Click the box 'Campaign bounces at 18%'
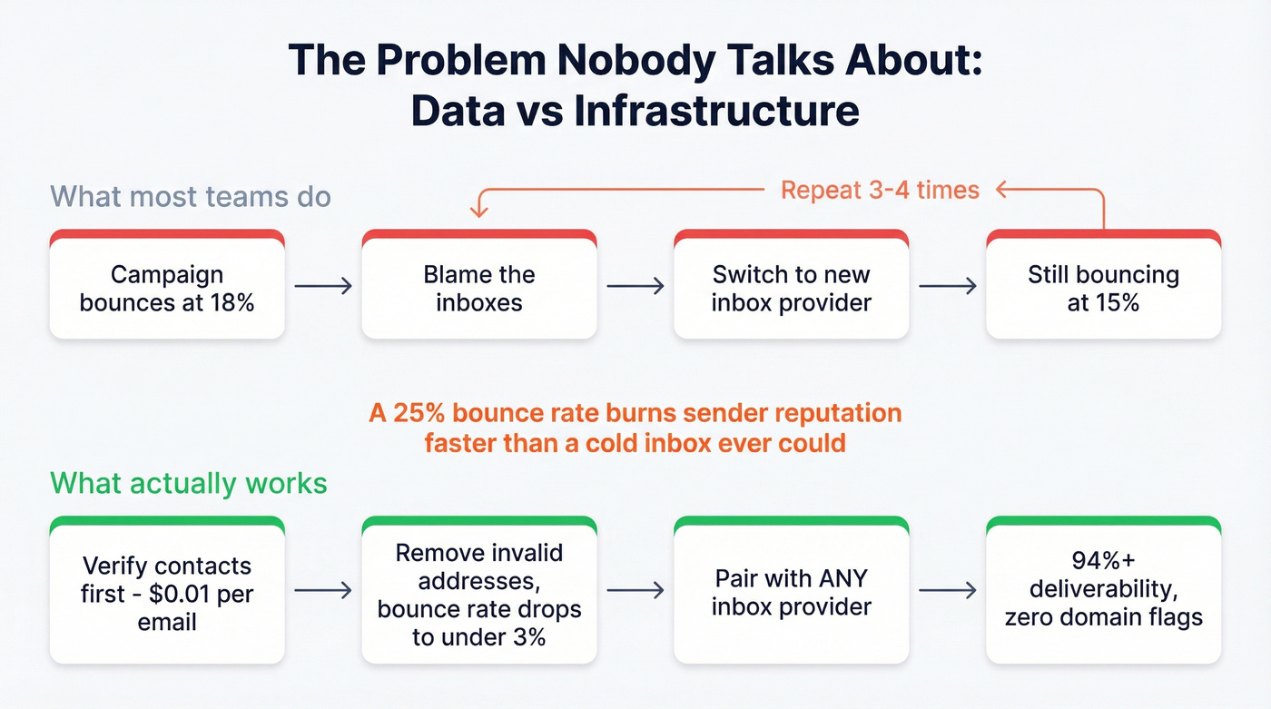(x=167, y=288)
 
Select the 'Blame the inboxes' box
(x=479, y=288)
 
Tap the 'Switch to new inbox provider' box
(x=791, y=288)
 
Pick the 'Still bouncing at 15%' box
(x=1103, y=288)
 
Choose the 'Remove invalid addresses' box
(x=479, y=595)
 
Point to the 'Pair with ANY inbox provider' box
(x=791, y=591)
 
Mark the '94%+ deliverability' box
(x=1103, y=591)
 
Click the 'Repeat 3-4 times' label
(x=880, y=190)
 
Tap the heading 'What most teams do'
(x=190, y=196)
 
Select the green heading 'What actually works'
(x=188, y=482)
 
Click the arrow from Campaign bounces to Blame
(x=323, y=287)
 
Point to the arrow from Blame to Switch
(x=635, y=287)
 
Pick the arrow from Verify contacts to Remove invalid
(x=323, y=591)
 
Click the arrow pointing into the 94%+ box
(x=948, y=591)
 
